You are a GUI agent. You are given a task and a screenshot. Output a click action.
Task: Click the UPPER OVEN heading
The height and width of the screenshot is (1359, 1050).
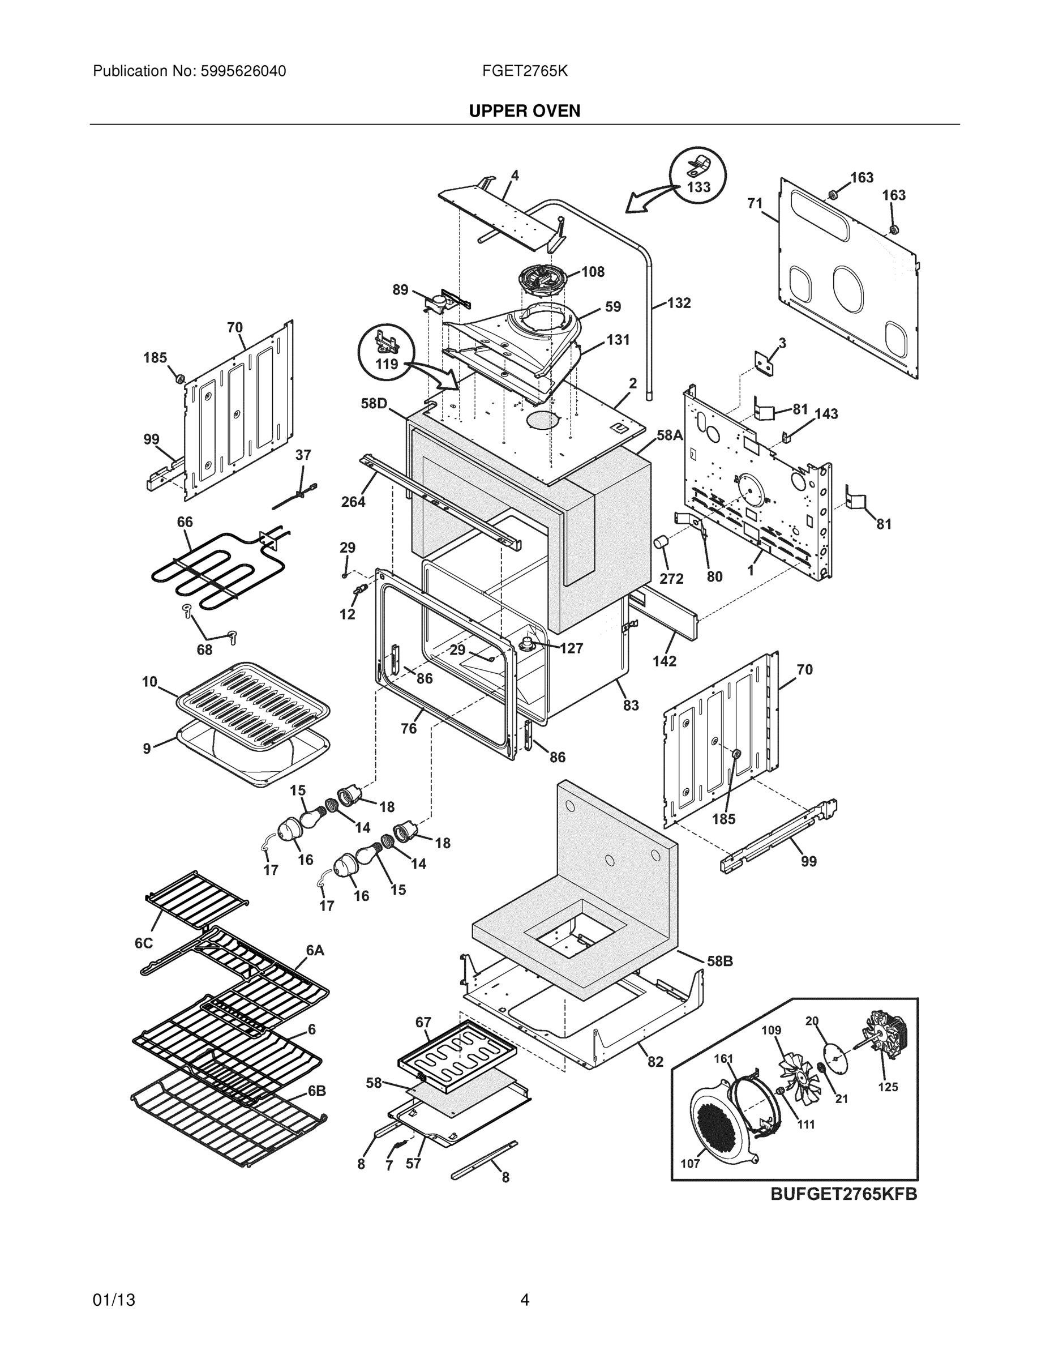pyautogui.click(x=524, y=111)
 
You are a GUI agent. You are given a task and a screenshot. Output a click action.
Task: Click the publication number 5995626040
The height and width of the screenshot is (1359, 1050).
pyautogui.click(x=243, y=71)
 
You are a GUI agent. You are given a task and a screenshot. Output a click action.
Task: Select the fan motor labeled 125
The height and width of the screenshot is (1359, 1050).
pyautogui.click(x=886, y=1036)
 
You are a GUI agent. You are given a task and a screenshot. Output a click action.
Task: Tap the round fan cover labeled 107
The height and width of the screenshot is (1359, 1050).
pyautogui.click(x=722, y=1121)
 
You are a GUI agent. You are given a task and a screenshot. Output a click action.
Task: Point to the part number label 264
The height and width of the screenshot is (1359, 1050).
pyautogui.click(x=353, y=502)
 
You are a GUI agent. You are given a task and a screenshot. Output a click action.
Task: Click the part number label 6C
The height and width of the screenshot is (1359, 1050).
pyautogui.click(x=144, y=943)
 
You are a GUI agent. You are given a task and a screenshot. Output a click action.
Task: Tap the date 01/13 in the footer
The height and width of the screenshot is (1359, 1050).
pyautogui.click(x=114, y=1300)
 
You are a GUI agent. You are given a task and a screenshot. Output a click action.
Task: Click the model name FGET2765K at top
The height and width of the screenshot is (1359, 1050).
pyautogui.click(x=524, y=71)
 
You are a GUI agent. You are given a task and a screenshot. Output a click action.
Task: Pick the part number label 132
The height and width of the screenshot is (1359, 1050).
pyautogui.click(x=679, y=303)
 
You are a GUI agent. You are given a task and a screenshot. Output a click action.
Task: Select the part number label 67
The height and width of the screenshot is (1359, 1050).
pyautogui.click(x=423, y=1022)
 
